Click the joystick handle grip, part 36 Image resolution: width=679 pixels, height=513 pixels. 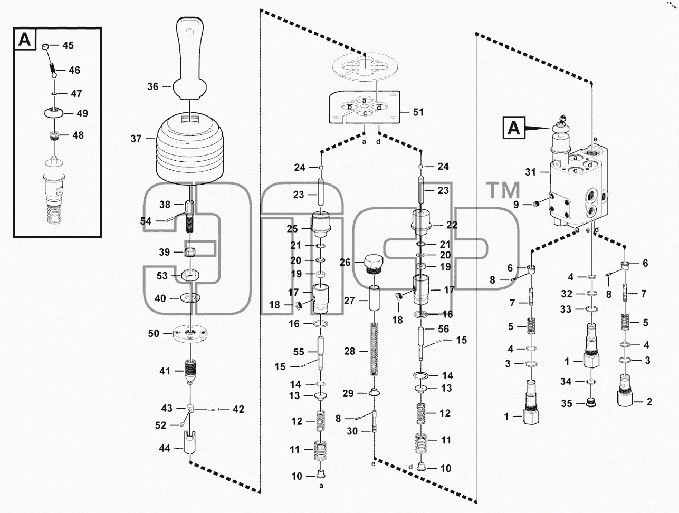(x=190, y=59)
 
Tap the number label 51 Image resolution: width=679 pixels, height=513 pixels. (x=418, y=112)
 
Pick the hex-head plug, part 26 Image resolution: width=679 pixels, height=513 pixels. (x=374, y=264)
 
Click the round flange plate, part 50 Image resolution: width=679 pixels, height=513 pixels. (x=190, y=333)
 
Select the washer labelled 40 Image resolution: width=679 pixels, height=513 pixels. (x=190, y=298)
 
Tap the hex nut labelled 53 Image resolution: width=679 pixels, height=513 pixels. (x=190, y=275)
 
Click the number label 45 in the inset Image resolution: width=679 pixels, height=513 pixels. (x=68, y=45)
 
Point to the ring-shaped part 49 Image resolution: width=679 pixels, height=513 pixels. (x=54, y=113)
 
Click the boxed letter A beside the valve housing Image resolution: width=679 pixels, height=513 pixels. (x=514, y=127)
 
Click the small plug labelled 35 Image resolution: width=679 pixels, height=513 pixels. (x=591, y=402)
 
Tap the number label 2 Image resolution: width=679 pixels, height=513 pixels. (x=649, y=402)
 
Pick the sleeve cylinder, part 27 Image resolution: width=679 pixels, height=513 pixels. (x=374, y=301)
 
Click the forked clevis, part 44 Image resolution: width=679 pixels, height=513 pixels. (x=190, y=443)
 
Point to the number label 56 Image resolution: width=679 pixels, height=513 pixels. (x=443, y=329)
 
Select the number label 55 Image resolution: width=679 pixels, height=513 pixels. (x=299, y=352)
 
